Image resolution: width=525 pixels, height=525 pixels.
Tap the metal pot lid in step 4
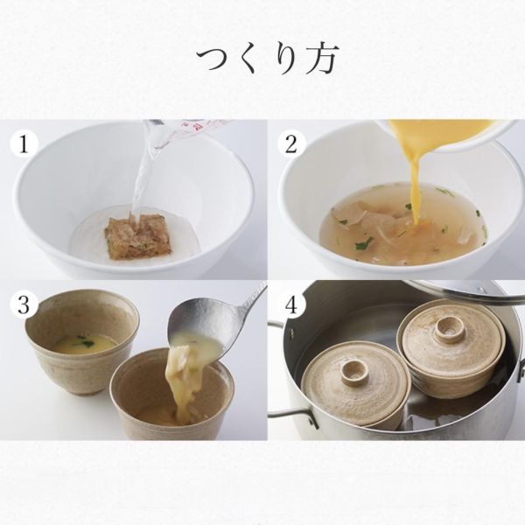[x=464, y=289]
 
